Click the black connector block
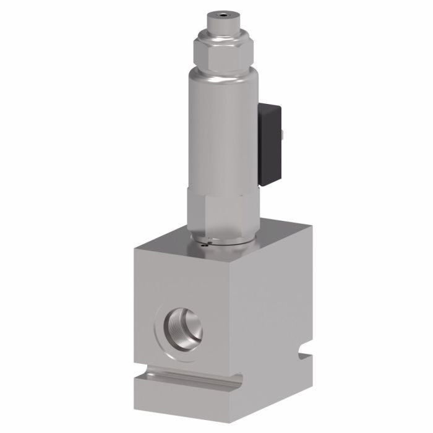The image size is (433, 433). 269,145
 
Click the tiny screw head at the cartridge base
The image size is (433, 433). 205,246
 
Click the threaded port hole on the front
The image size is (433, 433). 184,327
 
